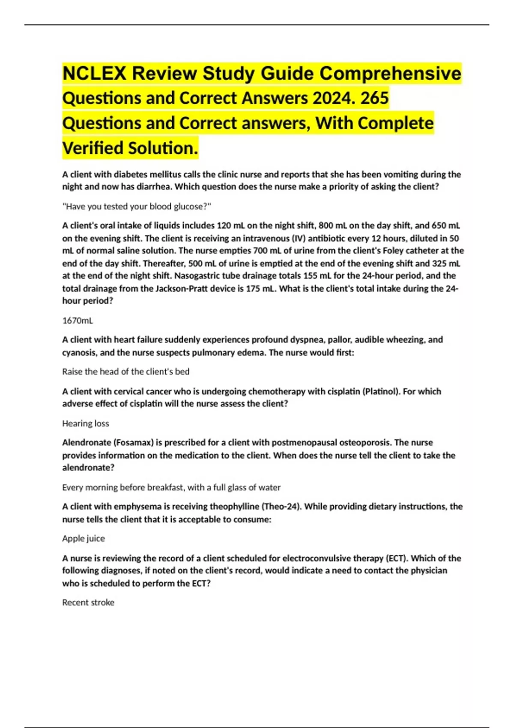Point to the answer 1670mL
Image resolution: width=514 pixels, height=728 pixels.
(x=78, y=320)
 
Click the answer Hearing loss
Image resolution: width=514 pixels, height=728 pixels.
(x=86, y=424)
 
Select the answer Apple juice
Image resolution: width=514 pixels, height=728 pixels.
(x=84, y=538)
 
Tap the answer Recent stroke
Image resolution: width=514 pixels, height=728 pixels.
(x=88, y=603)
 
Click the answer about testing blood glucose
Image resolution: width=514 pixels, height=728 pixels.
(x=137, y=206)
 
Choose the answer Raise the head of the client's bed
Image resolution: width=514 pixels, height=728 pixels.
(x=126, y=372)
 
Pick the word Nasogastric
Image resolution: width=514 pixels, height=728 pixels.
(x=198, y=276)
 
